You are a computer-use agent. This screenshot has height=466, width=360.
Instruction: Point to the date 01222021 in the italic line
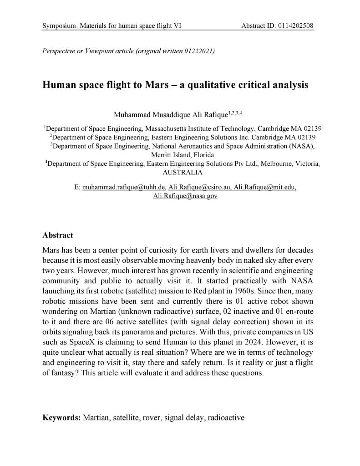pos(200,51)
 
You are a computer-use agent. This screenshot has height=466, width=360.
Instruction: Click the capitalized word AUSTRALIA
pos(182,173)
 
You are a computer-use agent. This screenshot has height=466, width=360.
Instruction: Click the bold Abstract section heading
pos(57,236)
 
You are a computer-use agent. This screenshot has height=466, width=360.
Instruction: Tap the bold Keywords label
pos(61,417)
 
